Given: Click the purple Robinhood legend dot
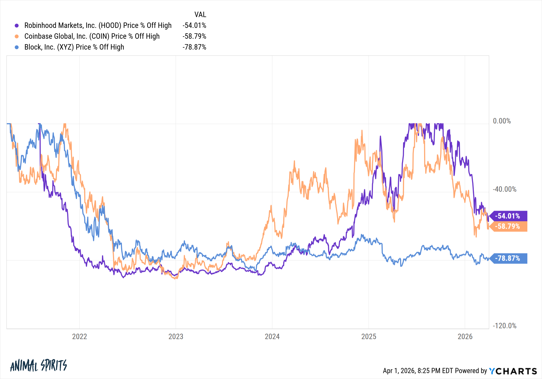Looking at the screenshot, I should click(x=17, y=25).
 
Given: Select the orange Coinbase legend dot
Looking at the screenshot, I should click(x=17, y=36).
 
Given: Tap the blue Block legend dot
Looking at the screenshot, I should click(x=17, y=47).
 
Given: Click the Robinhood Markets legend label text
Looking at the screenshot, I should click(x=98, y=25).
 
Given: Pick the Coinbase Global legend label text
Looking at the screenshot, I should click(x=92, y=36).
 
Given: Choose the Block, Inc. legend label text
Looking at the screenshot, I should click(x=74, y=47).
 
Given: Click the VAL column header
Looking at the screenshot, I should click(x=200, y=14).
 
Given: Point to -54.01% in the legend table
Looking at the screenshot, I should click(x=194, y=25).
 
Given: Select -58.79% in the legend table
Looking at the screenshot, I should click(x=194, y=36).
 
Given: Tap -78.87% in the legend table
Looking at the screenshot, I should click(x=194, y=47).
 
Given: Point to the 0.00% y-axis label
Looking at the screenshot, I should click(x=502, y=121).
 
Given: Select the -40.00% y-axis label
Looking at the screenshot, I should click(x=504, y=189).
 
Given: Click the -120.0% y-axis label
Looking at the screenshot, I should click(x=504, y=326).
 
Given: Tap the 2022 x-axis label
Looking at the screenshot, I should click(x=79, y=336).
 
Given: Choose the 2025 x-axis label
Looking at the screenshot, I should click(x=369, y=336).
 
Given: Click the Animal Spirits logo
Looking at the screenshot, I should click(x=38, y=366).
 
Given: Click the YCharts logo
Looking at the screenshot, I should click(x=513, y=371).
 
